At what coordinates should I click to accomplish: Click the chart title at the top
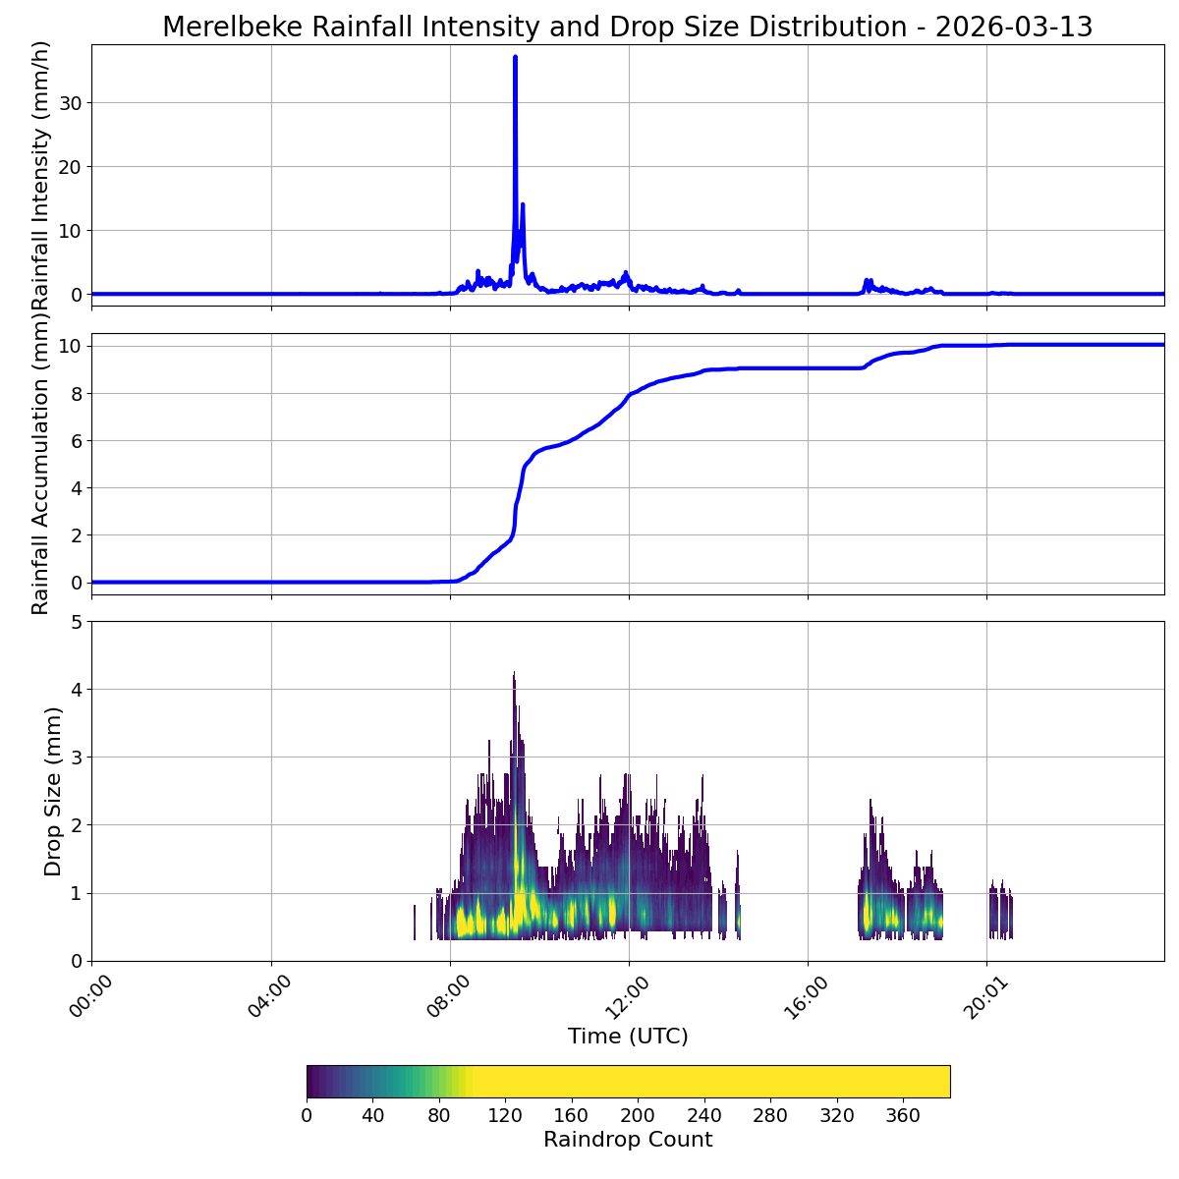627,28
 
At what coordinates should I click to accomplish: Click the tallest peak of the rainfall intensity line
515,58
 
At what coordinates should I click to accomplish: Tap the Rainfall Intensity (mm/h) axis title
40,174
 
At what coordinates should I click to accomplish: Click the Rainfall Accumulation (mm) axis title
40,464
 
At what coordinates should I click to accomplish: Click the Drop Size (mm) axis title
53,791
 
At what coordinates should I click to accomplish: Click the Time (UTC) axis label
628,1037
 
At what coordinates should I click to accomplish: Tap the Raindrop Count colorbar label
628,1140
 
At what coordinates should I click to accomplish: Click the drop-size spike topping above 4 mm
514,676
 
